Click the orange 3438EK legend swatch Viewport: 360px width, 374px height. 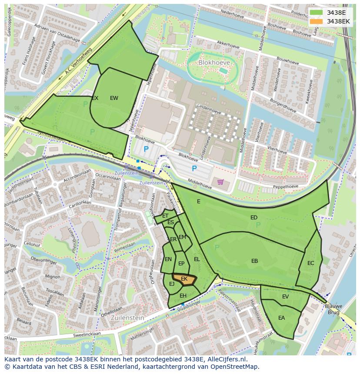317,21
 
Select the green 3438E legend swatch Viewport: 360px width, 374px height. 317,13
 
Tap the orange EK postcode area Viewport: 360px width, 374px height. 184,279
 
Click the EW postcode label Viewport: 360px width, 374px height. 114,98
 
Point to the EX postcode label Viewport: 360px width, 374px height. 95,98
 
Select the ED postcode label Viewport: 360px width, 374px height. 254,217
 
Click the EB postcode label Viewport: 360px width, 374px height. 254,261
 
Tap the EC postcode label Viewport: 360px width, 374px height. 310,263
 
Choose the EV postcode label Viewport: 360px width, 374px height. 285,297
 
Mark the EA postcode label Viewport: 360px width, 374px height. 281,318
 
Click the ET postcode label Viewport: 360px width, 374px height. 165,216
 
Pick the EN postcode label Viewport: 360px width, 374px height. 168,259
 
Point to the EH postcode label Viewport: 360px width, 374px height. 183,296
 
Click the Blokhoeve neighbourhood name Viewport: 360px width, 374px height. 213,63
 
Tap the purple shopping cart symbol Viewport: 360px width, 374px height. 220,182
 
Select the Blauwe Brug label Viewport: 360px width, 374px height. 334,309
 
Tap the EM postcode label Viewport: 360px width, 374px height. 182,237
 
